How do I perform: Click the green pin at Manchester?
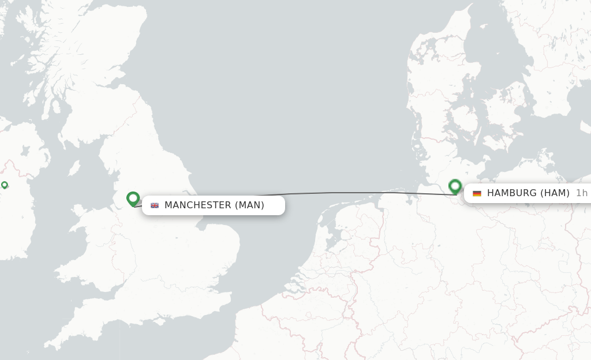(133, 198)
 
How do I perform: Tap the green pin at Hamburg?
(455, 186)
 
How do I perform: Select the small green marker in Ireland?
(5, 185)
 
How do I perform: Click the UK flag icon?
(155, 205)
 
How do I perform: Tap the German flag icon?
(477, 193)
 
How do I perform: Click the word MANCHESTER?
(197, 205)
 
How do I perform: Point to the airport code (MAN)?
(249, 205)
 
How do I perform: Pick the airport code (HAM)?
(555, 193)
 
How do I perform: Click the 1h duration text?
(581, 193)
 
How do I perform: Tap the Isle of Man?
(74, 168)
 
